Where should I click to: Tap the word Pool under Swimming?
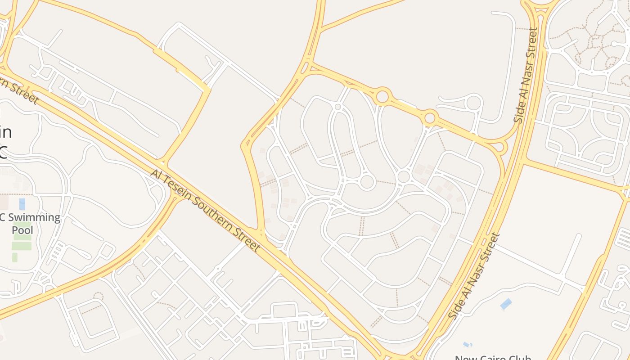point(22,230)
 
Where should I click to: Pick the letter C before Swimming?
point(2,218)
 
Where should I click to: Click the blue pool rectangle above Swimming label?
point(22,204)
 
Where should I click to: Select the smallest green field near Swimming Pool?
point(15,257)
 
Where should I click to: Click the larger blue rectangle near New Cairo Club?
point(506,304)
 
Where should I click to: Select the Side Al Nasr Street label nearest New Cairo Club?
point(475,275)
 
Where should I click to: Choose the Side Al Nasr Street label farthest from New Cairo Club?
point(526,75)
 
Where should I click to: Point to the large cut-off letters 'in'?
point(5,133)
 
